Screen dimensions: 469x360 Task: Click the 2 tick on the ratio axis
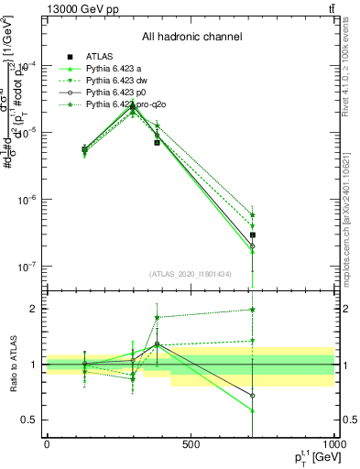(33, 309)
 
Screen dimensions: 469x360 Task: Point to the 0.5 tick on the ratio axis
(30, 420)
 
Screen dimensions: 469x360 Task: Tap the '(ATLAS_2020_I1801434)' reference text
(191, 274)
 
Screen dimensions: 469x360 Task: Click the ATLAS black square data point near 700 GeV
(252, 235)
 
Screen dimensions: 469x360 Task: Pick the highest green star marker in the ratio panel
(252, 310)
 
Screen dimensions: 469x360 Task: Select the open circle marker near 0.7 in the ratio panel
(252, 396)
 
